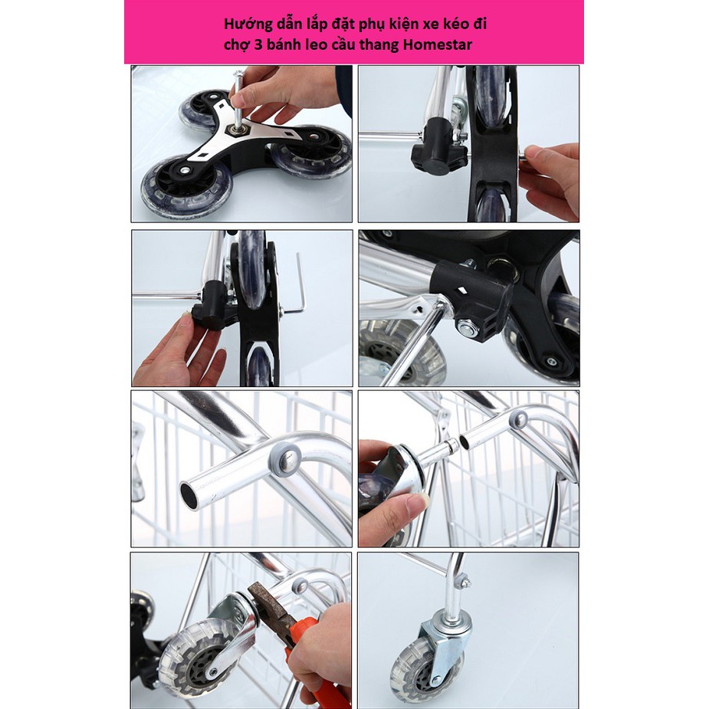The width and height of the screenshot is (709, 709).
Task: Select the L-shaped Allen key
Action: [x=296, y=285]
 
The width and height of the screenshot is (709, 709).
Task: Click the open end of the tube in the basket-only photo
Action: [x=189, y=494]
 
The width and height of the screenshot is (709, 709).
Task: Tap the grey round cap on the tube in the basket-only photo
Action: [x=285, y=458]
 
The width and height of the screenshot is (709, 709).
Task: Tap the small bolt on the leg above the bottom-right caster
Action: [x=463, y=580]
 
